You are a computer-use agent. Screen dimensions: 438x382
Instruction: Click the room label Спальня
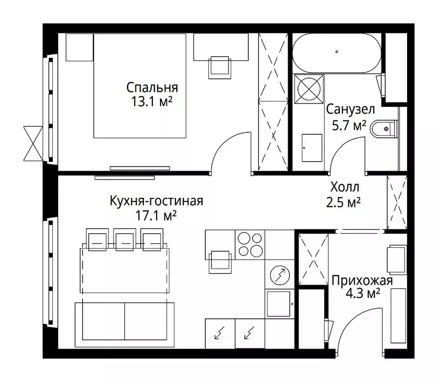point(152,88)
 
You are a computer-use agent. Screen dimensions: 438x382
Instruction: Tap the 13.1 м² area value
point(151,101)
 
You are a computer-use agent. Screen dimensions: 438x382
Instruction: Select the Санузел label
point(350,109)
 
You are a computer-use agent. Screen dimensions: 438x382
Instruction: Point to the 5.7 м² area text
point(349,125)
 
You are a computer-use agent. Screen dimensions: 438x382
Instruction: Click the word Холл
point(345,187)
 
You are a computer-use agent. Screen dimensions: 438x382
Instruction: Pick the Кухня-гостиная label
point(156,201)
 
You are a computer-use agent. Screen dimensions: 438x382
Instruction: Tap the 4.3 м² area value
point(363,293)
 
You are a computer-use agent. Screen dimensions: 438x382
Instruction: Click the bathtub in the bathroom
point(337,53)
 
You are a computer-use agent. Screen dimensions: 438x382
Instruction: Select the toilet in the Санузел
point(384,129)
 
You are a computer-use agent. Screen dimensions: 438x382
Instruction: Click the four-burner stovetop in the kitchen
point(250,245)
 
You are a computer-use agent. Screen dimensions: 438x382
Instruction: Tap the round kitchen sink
point(280,275)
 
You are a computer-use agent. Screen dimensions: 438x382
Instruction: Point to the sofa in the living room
point(125,325)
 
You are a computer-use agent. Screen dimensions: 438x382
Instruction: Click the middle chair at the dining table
point(125,239)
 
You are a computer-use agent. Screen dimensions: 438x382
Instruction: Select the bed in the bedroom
point(140,86)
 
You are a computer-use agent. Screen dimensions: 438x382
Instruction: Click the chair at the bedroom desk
point(220,67)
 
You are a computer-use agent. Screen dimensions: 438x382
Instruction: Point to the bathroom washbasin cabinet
point(312,148)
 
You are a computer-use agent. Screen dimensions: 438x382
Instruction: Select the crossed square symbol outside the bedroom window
point(33,144)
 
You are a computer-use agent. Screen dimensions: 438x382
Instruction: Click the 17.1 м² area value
point(156,215)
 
